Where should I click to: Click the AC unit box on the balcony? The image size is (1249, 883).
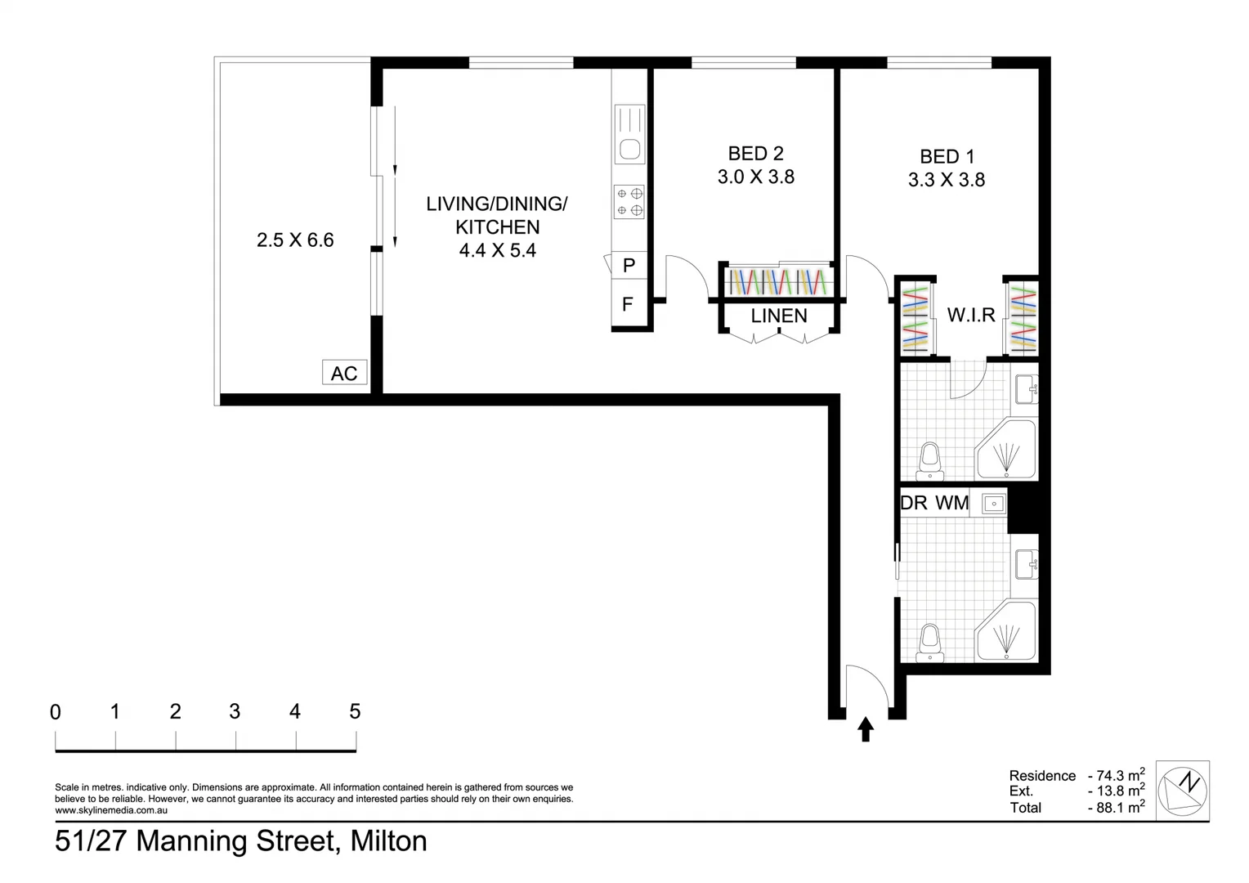coord(344,373)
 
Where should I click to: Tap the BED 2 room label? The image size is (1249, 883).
coord(755,153)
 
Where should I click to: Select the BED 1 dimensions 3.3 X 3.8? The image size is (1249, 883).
coord(946,180)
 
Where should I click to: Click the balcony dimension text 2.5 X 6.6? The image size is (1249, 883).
coord(295,240)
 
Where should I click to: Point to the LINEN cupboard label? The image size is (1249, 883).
coord(779,316)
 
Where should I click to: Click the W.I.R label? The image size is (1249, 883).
coord(970,315)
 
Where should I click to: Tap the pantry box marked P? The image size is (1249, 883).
coord(629,265)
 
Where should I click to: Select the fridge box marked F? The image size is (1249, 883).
coord(628,304)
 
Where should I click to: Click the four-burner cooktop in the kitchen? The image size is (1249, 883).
coord(629,202)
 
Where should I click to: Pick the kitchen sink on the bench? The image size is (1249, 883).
coord(629,149)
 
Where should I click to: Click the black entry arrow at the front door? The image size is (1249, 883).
coord(866,728)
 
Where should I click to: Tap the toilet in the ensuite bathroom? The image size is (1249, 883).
coord(929,461)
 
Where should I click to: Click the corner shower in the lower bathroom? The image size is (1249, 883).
coord(1006,632)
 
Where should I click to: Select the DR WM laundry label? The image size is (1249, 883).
coord(934,503)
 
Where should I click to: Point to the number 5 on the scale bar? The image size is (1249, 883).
coord(355,711)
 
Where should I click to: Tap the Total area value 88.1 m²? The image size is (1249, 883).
coord(1116,807)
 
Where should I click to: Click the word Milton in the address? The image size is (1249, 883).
coord(388,840)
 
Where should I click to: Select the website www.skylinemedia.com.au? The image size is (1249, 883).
coord(111,810)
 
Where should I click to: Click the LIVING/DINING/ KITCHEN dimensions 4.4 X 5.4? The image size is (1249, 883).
coord(497,250)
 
